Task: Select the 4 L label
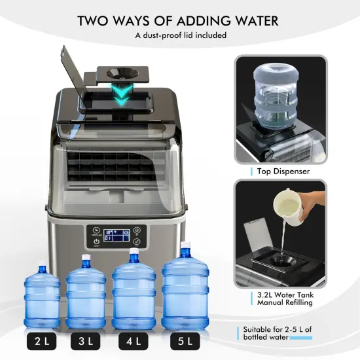[x=134, y=341]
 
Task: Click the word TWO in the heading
[x=98, y=20]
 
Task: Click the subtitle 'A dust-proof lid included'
[x=180, y=35]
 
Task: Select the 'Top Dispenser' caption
[x=282, y=171]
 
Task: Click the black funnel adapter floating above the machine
[x=124, y=75]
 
